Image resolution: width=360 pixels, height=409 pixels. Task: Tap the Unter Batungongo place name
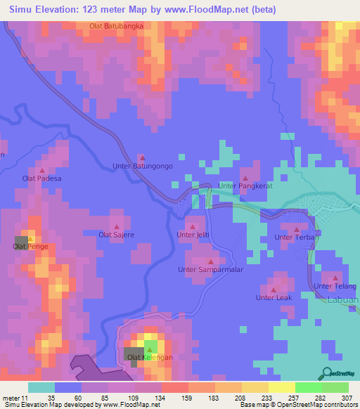click(143, 167)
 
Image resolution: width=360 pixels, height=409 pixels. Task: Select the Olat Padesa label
click(41, 178)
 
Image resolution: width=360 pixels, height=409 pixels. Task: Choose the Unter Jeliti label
click(193, 235)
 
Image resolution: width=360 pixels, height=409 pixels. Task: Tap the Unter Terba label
click(295, 238)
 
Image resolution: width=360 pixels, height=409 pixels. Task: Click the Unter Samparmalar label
click(210, 270)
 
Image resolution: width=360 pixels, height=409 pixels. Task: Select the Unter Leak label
click(274, 298)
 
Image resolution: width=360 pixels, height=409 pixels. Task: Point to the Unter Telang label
click(335, 287)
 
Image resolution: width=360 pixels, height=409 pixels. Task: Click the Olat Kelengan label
click(149, 358)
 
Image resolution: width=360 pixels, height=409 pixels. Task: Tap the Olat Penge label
click(30, 247)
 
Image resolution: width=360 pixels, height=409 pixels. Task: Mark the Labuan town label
click(343, 299)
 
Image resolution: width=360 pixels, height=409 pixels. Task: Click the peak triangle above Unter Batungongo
click(143, 158)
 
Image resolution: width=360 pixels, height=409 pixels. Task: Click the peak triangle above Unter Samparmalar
click(210, 261)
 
